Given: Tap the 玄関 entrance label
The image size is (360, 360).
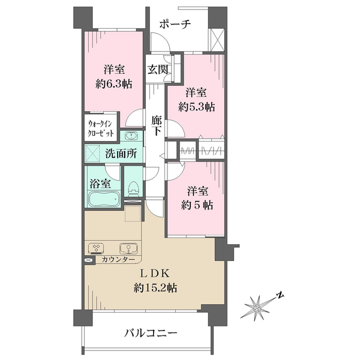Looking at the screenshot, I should [x=159, y=69].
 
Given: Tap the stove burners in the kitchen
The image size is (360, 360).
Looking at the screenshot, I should [x=96, y=248].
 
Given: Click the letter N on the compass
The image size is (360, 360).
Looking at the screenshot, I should [x=280, y=295].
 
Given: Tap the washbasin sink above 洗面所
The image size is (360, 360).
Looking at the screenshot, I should [x=130, y=135].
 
